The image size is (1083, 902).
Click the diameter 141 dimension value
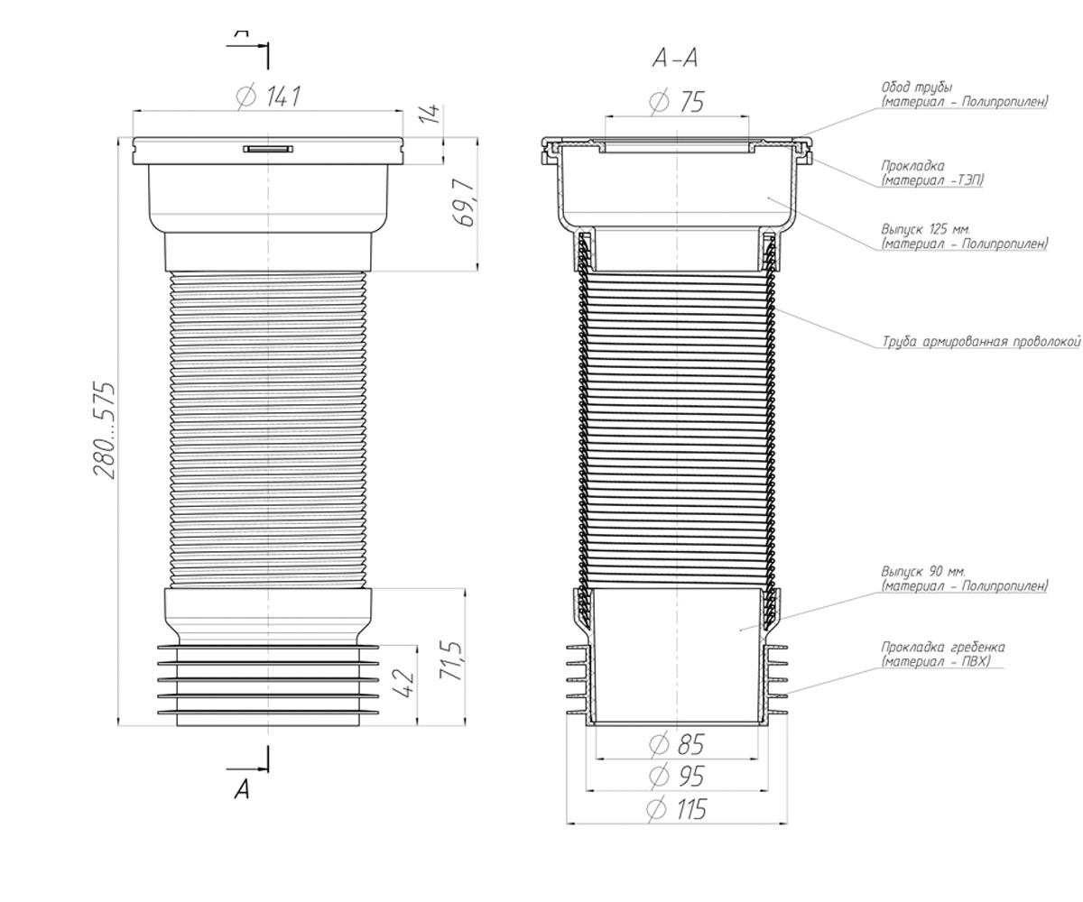click(x=268, y=97)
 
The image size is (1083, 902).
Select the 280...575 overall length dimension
click(x=104, y=431)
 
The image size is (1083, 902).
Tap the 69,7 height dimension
click(x=464, y=202)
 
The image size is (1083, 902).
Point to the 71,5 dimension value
click(x=450, y=661)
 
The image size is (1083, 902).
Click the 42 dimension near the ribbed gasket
click(x=403, y=685)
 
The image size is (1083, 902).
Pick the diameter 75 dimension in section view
click(x=676, y=102)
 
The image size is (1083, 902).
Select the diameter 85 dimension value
click(x=676, y=745)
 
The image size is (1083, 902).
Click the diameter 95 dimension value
click(x=676, y=777)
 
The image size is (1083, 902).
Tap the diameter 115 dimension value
click(x=676, y=809)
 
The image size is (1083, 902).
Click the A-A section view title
click(x=675, y=60)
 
